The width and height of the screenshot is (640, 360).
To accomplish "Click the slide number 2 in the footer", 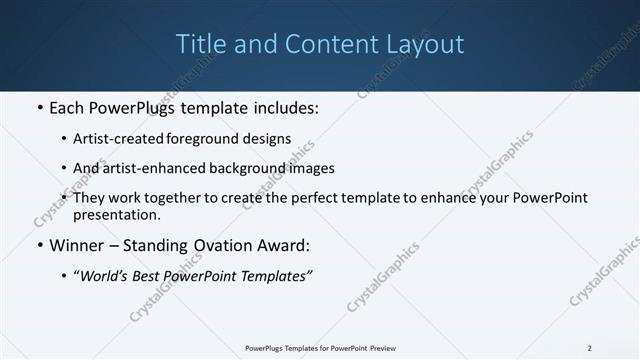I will [590, 348].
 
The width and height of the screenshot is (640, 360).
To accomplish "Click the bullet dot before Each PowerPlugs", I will [39, 107].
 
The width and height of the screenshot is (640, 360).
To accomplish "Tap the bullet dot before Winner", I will [39, 245].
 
